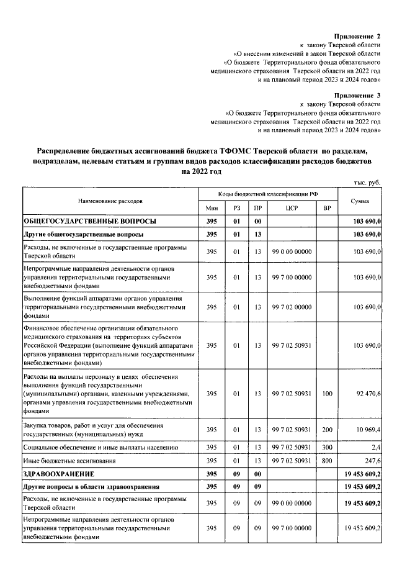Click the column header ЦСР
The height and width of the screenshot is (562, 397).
292,207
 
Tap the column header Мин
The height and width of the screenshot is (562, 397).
211,207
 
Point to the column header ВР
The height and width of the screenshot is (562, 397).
327,207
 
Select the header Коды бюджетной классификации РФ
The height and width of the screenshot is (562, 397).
267,194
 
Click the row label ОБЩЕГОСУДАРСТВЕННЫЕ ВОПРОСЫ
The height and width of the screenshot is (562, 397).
89,221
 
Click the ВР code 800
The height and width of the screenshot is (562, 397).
327,461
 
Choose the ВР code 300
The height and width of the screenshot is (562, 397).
327,447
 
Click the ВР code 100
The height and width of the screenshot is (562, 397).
327,393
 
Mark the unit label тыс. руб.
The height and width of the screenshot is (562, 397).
365,183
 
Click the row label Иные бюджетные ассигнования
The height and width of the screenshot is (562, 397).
69,461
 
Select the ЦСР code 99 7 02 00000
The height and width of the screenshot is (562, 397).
292,306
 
